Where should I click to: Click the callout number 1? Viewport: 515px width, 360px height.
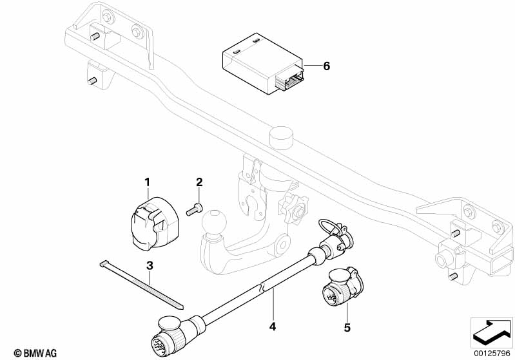click(148, 184)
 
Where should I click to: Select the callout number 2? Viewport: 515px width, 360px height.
click(199, 184)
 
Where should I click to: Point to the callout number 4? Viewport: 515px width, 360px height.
click(273, 327)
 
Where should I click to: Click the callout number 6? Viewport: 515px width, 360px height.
click(326, 66)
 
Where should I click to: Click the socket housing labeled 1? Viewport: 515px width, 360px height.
click(148, 223)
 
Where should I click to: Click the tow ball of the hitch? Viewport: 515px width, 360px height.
click(213, 225)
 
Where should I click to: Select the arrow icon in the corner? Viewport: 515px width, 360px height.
click(491, 332)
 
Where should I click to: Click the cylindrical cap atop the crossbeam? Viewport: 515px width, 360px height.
click(281, 136)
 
